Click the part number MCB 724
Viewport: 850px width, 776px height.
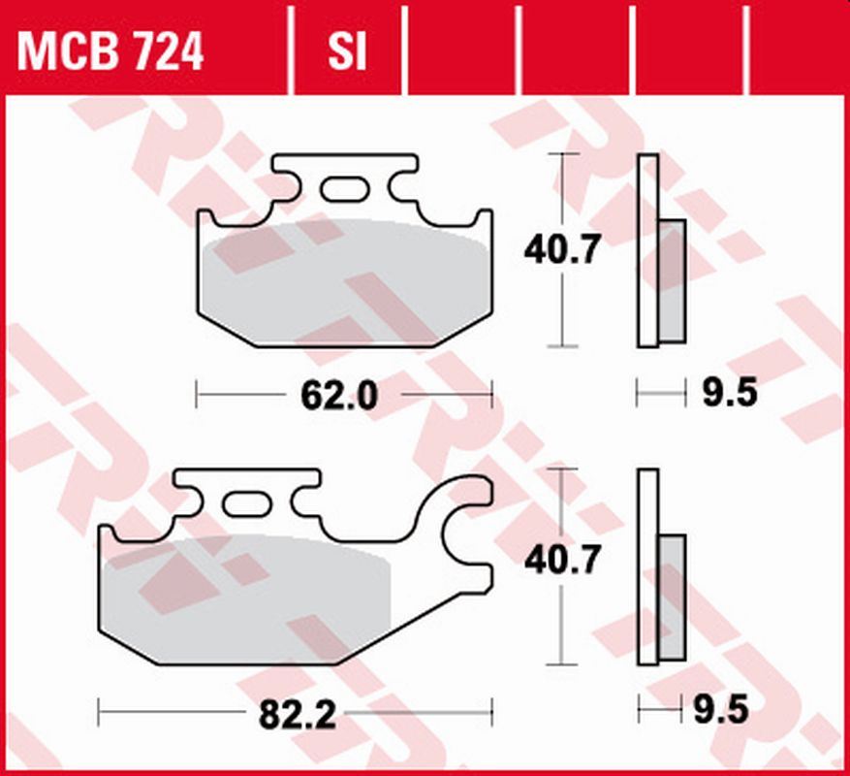110,52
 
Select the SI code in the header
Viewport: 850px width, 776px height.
347,52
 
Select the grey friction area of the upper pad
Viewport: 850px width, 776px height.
344,281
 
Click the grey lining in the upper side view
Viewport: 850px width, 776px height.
672,281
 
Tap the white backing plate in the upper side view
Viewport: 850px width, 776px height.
647,249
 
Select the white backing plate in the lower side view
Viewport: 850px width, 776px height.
647,567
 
